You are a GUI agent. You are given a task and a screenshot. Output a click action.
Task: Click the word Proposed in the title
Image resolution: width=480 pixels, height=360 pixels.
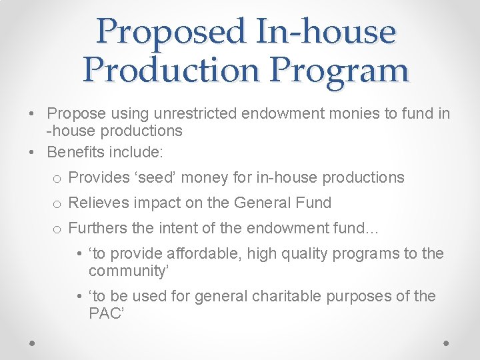(171, 31)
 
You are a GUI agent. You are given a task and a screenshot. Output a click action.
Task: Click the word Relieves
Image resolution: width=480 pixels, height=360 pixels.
(98, 203)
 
